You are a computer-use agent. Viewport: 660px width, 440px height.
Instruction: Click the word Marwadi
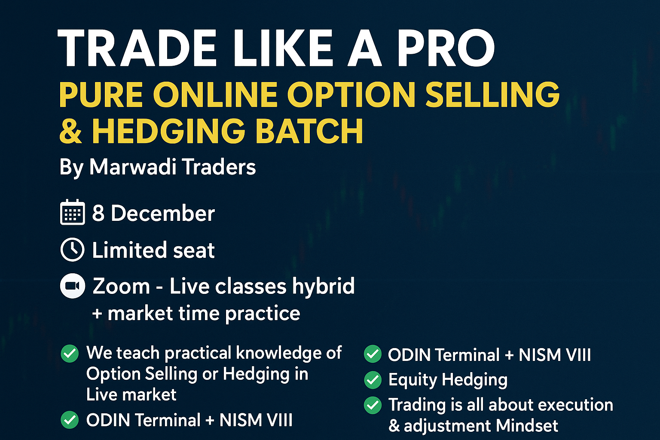click(x=131, y=167)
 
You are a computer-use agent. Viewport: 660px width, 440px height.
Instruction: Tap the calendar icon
click(x=72, y=212)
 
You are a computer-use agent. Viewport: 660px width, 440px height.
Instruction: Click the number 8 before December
click(x=98, y=213)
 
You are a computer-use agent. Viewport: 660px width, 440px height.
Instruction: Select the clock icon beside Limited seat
click(x=72, y=250)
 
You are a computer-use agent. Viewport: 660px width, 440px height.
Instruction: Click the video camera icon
click(x=72, y=286)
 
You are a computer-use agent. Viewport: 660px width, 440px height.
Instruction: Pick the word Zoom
click(x=121, y=286)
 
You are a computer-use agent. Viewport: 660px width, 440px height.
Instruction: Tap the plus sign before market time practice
click(x=97, y=314)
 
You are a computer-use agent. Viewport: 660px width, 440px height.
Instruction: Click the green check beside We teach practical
click(x=70, y=354)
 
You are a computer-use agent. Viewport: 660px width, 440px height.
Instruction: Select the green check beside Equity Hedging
click(x=373, y=380)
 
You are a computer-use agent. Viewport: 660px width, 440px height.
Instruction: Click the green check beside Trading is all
click(x=373, y=405)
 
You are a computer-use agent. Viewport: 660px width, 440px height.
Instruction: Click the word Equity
click(x=412, y=380)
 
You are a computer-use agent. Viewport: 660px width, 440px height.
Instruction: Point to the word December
click(x=162, y=213)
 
